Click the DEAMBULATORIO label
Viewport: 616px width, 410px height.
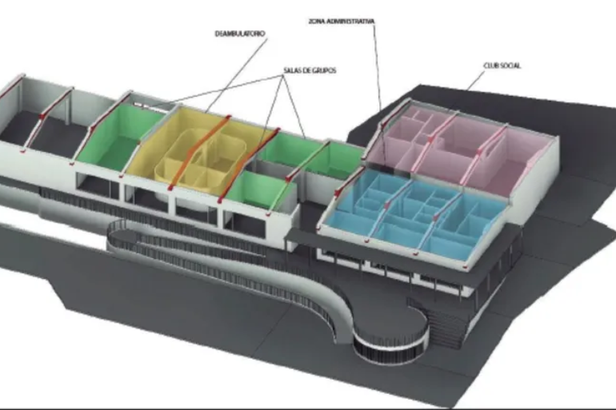[x=240, y=34]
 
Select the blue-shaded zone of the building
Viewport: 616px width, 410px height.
[x=408, y=212]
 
